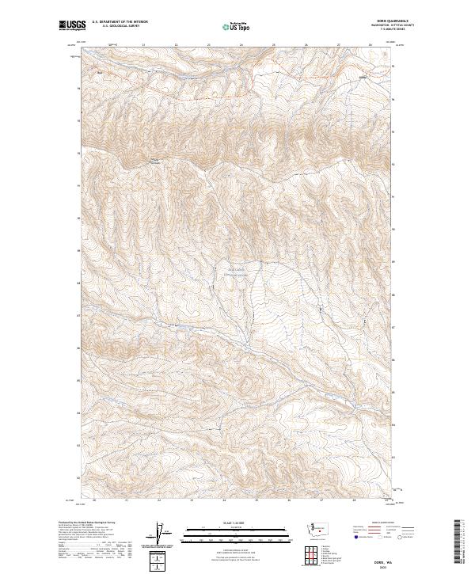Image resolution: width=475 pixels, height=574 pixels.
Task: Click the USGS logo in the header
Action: tap(72, 25)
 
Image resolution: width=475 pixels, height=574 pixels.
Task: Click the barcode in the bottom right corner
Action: tap(458, 542)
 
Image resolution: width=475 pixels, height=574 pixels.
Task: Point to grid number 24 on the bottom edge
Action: tap(224, 500)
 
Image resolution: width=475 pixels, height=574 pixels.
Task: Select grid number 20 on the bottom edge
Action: tap(94, 500)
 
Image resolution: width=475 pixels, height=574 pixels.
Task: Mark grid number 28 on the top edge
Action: tap(370, 45)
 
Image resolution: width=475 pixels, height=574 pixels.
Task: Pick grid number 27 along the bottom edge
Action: tap(321, 500)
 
